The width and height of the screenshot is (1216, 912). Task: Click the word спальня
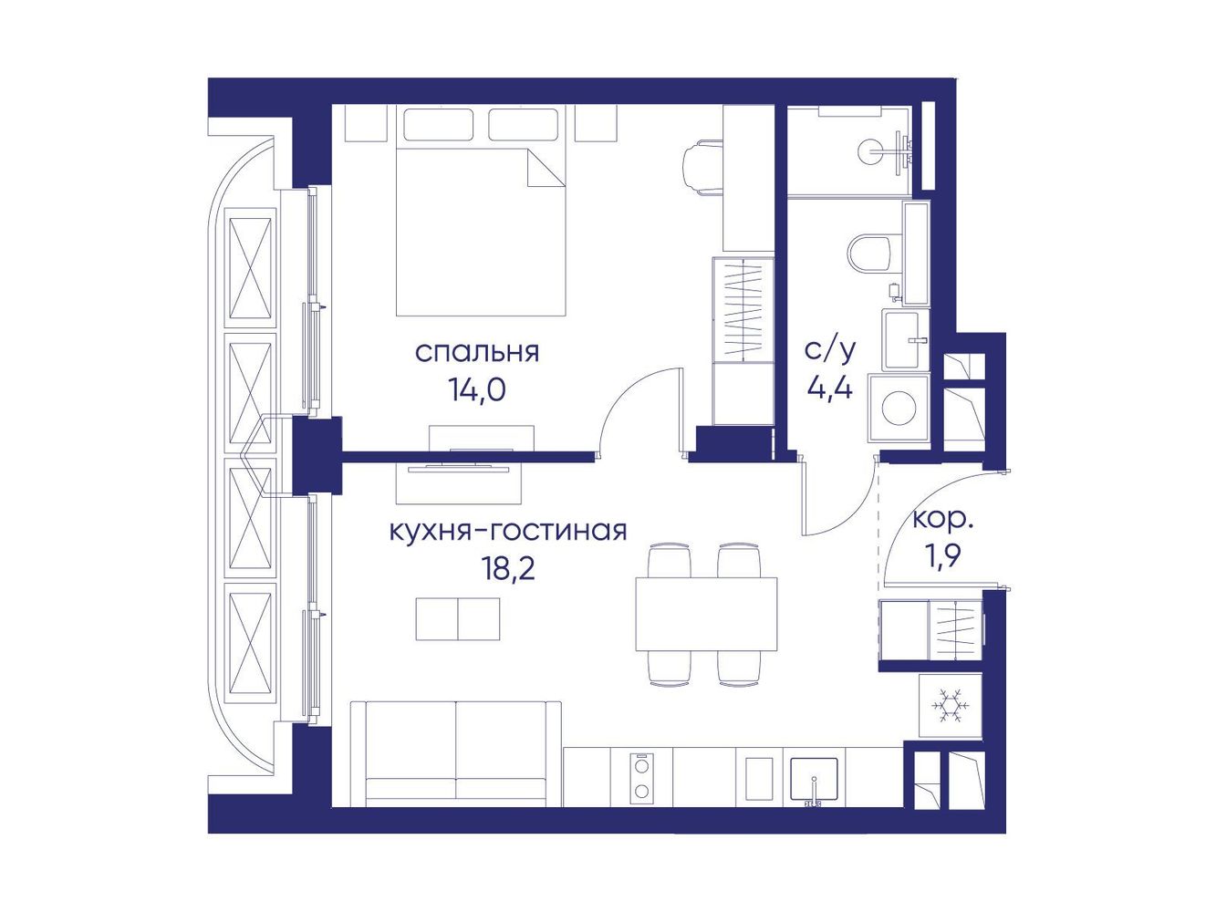476,353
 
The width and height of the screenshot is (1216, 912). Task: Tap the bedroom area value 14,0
477,390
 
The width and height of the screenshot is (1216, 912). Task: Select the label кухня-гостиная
508,531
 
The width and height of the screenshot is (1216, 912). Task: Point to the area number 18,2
508,569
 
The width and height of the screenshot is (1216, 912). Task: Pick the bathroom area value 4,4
830,389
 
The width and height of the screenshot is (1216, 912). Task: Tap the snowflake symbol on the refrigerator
950,706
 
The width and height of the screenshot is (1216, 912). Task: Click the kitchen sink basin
814,780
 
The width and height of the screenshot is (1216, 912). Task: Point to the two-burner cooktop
641,778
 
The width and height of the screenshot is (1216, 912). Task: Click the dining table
706,613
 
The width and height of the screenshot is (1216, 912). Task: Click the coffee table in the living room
458,618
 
